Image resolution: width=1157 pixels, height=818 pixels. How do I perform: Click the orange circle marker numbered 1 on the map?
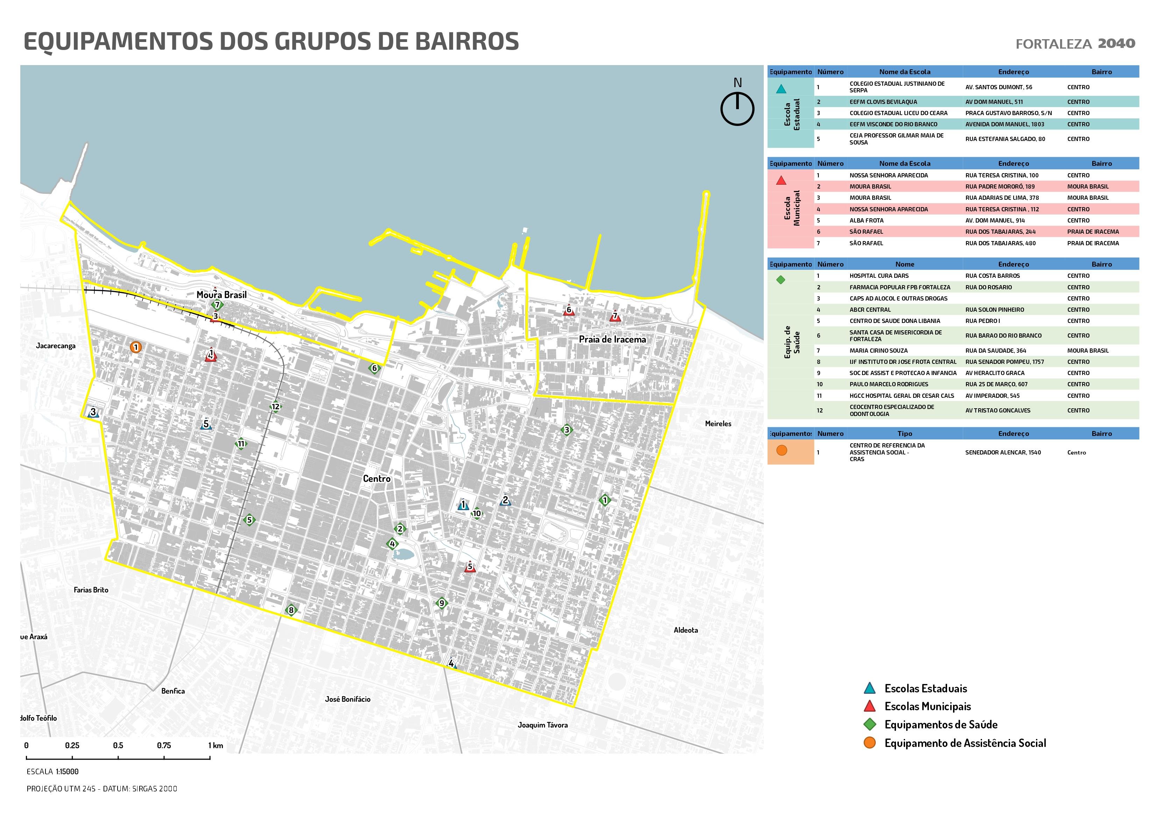click(x=135, y=347)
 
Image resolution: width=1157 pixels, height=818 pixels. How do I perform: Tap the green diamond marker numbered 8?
click(x=291, y=610)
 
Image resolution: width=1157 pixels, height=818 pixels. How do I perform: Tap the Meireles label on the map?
click(x=718, y=424)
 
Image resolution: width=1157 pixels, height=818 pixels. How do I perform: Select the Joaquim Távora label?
click(x=543, y=725)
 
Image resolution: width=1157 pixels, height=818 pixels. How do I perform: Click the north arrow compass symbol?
click(x=737, y=108)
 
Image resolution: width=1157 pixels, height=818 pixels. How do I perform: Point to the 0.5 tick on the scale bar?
click(x=118, y=746)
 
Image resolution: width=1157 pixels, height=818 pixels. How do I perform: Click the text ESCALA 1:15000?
click(x=52, y=771)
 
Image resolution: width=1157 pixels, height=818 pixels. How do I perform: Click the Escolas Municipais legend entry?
click(x=927, y=706)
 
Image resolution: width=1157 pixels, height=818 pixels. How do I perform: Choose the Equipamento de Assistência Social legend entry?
click(x=965, y=743)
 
